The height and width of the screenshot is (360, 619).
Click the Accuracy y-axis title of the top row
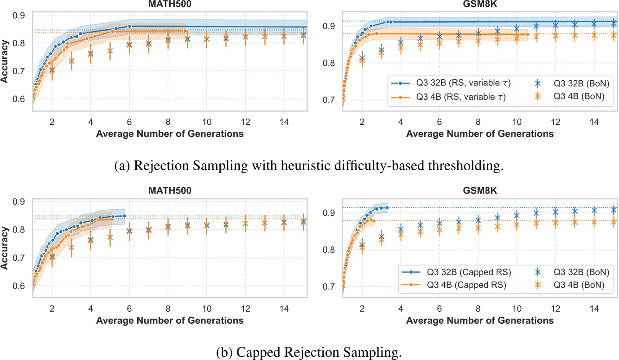(6, 61)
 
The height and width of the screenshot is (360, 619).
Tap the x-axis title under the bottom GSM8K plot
(479, 320)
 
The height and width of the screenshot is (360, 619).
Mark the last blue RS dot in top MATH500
(129, 26)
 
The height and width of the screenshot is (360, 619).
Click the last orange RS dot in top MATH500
(185, 31)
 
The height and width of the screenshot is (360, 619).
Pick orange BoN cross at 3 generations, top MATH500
(71, 61)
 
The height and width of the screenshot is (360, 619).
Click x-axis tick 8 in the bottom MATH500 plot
(168, 309)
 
